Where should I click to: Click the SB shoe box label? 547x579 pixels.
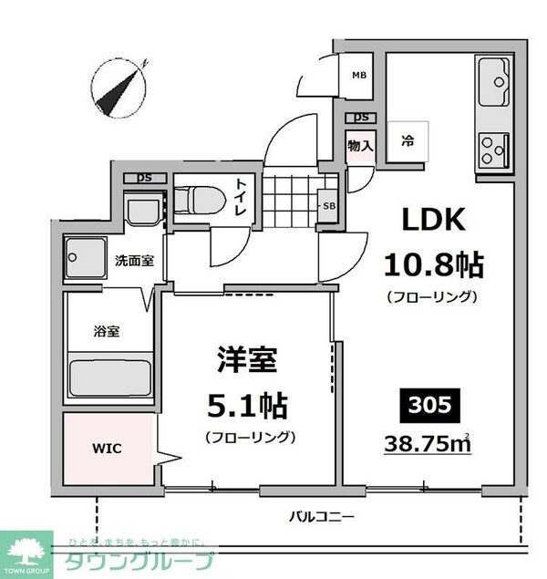328,205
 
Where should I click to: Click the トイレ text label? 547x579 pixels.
243,197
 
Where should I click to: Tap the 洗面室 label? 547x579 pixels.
134,260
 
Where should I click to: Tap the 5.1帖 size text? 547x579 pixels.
249,402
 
